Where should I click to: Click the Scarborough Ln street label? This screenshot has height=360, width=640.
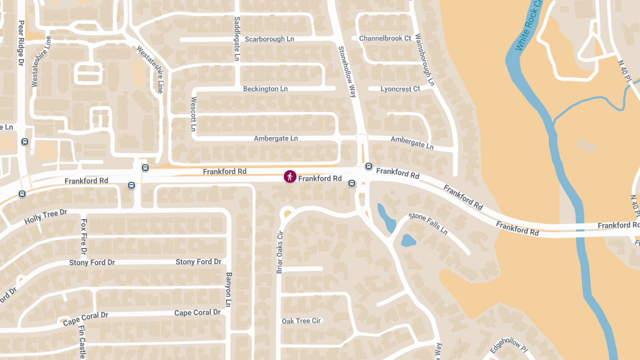pyautogui.click(x=269, y=39)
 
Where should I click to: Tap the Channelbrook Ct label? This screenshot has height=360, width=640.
pyautogui.click(x=385, y=38)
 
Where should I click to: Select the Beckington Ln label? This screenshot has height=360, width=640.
pyautogui.click(x=265, y=89)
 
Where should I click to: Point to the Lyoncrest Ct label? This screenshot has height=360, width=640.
pyautogui.click(x=400, y=89)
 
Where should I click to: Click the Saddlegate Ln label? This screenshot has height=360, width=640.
pyautogui.click(x=237, y=38)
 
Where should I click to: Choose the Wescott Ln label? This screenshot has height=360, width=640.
pyautogui.click(x=194, y=114)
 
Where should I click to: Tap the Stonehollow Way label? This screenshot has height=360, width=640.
pyautogui.click(x=347, y=71)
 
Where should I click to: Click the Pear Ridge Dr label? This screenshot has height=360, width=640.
pyautogui.click(x=21, y=43)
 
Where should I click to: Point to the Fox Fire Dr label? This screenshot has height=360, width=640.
pyautogui.click(x=84, y=236)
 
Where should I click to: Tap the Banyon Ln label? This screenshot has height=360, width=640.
pyautogui.click(x=229, y=290)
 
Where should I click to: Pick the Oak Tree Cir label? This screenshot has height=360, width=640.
pyautogui.click(x=301, y=321)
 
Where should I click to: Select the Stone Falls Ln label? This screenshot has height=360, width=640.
pyautogui.click(x=428, y=223)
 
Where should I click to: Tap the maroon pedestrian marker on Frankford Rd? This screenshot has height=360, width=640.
pyautogui.click(x=290, y=177)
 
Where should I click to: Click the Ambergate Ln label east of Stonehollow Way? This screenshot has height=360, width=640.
pyautogui.click(x=412, y=142)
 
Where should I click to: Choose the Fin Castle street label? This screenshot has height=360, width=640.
pyautogui.click(x=82, y=341)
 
